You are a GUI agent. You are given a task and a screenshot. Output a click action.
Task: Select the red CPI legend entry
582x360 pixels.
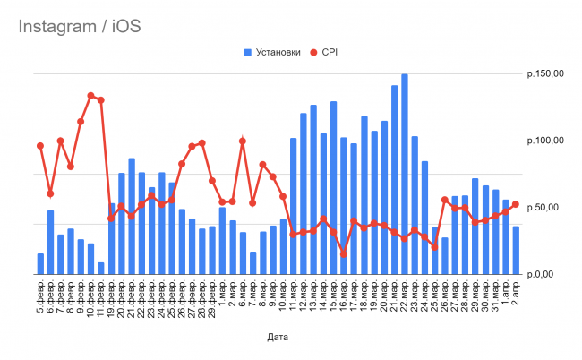click(x=323, y=52)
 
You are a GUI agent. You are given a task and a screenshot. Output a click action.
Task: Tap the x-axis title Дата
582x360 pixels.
click(x=278, y=338)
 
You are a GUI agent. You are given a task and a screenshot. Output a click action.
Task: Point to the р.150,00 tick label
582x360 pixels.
click(x=545, y=74)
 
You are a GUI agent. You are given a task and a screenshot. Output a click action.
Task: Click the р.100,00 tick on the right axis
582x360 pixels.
click(x=545, y=141)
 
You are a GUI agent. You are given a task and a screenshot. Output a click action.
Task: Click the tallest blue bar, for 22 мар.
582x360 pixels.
click(x=405, y=174)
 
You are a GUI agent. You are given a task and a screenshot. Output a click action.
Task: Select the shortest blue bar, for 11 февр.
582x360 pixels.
click(x=101, y=268)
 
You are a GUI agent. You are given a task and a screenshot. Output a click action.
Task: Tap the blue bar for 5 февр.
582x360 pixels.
click(x=40, y=263)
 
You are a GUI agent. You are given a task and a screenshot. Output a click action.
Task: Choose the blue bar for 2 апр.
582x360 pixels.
click(x=516, y=250)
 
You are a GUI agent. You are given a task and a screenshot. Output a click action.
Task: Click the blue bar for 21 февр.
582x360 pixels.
click(x=132, y=216)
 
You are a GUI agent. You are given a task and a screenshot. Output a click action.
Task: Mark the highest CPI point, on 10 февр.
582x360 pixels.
click(x=90, y=96)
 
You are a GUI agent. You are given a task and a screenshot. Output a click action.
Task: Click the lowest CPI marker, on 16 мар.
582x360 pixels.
click(x=344, y=254)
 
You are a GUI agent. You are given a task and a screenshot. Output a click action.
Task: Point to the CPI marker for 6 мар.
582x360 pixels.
click(x=243, y=141)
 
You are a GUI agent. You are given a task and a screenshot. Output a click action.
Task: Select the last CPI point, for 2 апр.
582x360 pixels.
click(x=516, y=204)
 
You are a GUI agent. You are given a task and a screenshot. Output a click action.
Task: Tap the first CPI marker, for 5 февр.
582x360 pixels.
click(x=40, y=146)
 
